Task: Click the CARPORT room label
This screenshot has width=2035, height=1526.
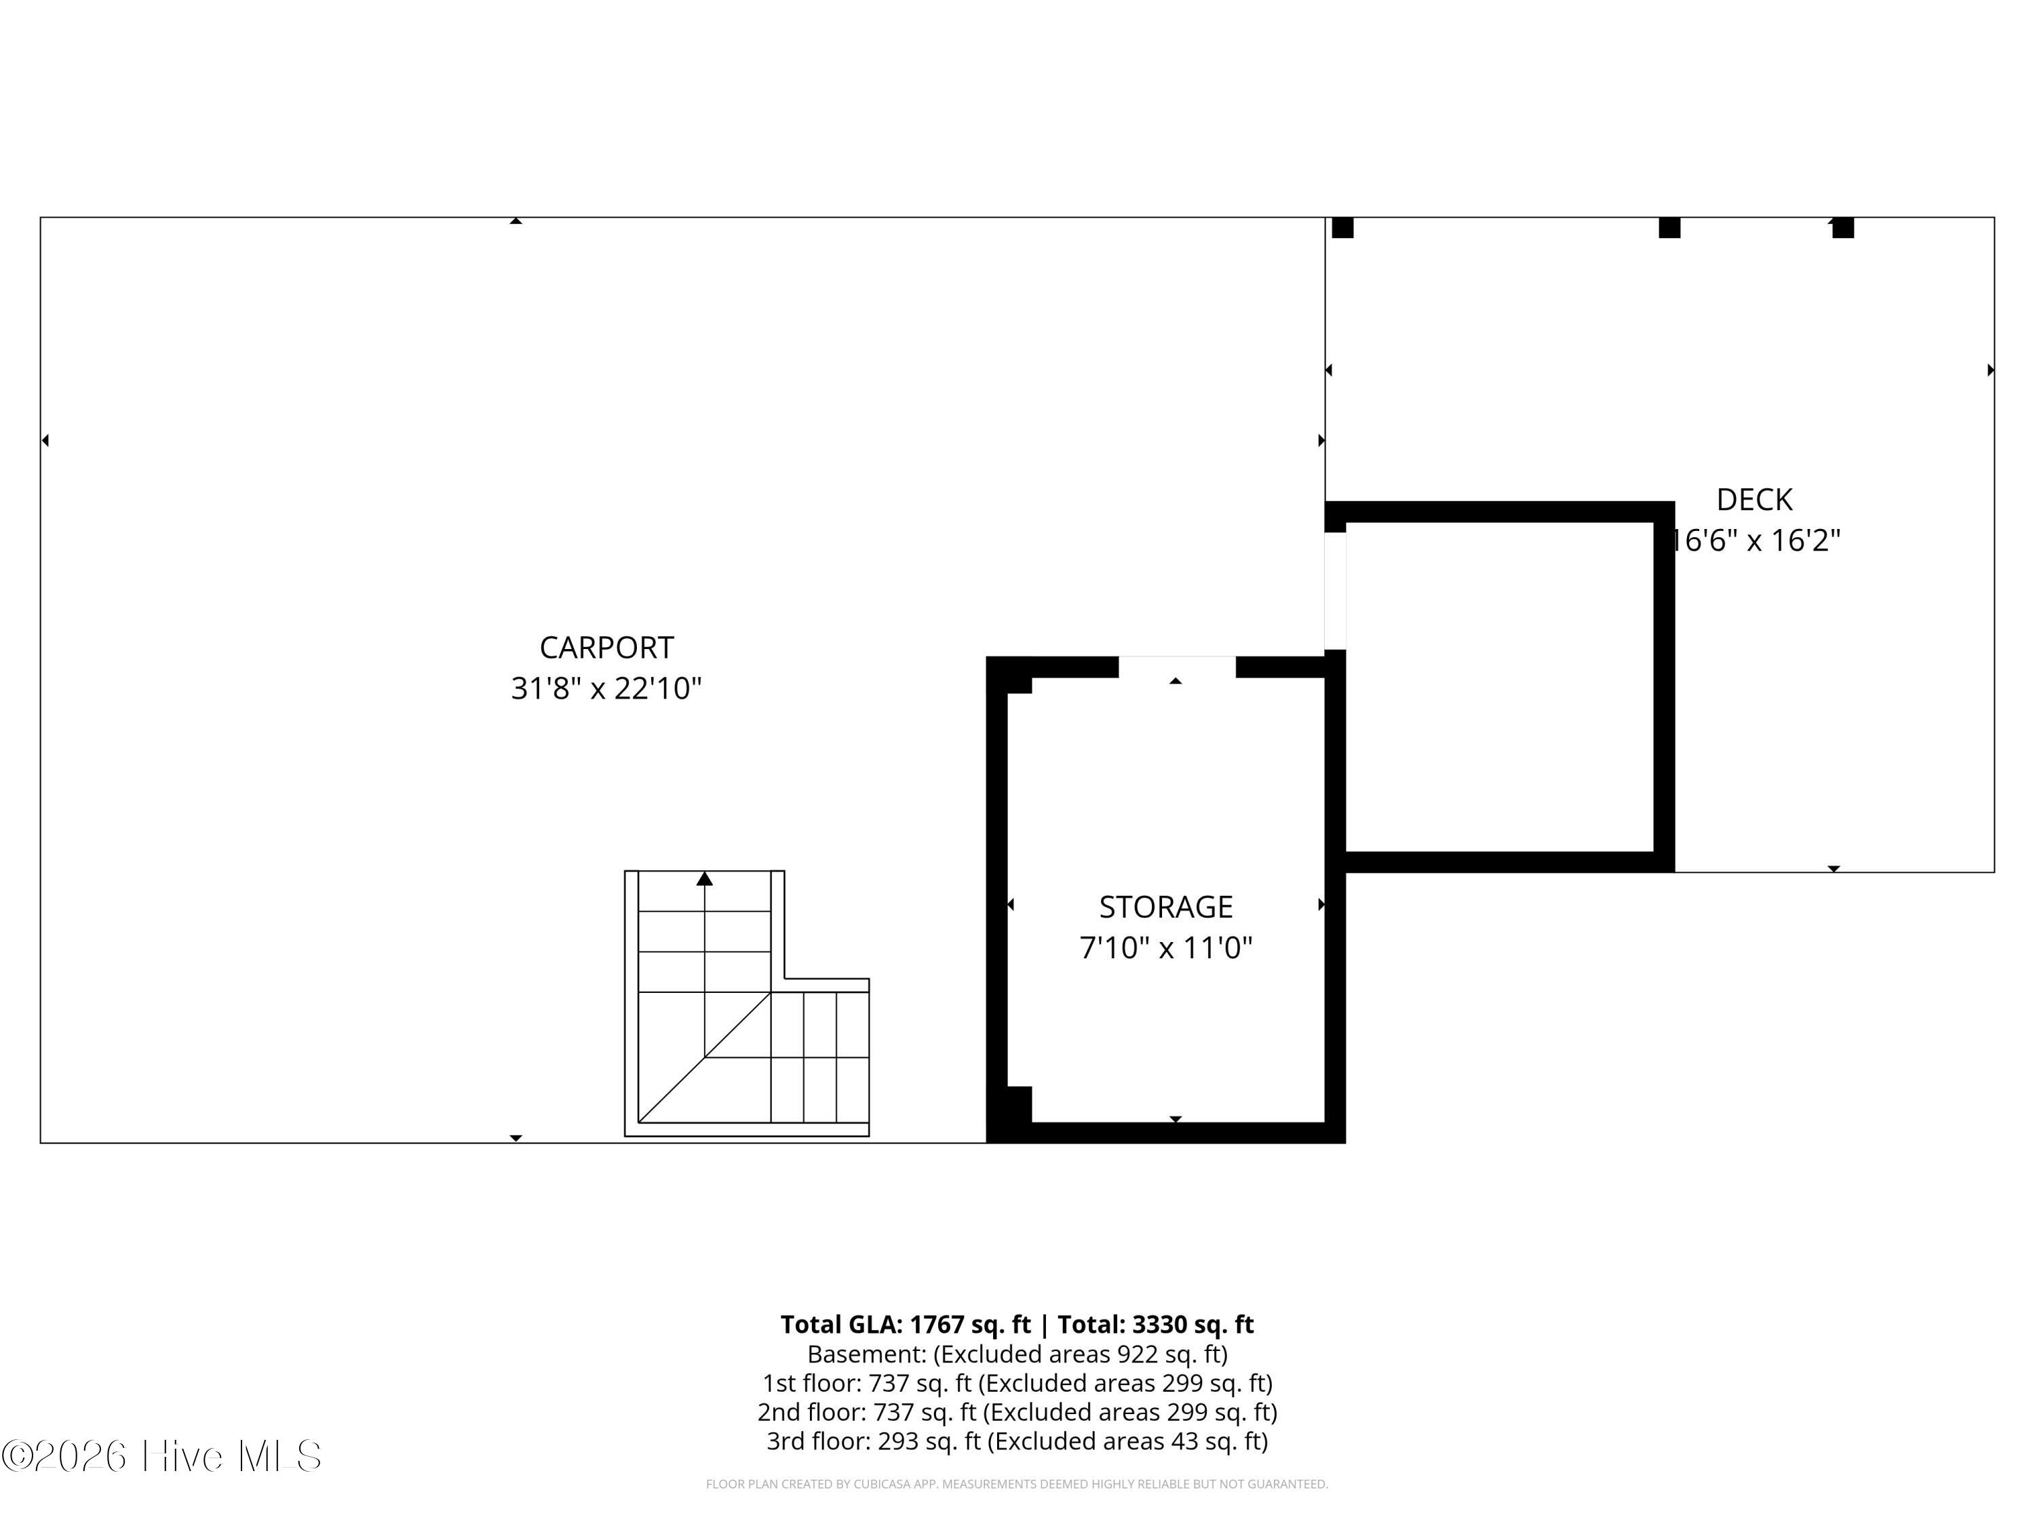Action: pyautogui.click(x=606, y=648)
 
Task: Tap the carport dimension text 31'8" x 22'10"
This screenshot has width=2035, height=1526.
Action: pyautogui.click(x=606, y=688)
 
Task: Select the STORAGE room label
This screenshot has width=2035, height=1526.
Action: pyautogui.click(x=1165, y=907)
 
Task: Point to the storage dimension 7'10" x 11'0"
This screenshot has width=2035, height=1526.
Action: pyautogui.click(x=1165, y=947)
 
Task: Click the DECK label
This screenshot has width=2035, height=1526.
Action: pyautogui.click(x=1754, y=499)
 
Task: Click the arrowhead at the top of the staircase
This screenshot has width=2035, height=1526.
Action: pyautogui.click(x=705, y=878)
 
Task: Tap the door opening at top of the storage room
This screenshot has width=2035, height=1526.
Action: pyautogui.click(x=1177, y=667)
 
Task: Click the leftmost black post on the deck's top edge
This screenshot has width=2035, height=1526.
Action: pyautogui.click(x=1342, y=227)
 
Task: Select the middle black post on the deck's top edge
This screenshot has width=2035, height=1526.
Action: pyautogui.click(x=1670, y=227)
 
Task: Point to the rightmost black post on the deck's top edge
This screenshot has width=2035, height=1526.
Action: pyautogui.click(x=1843, y=227)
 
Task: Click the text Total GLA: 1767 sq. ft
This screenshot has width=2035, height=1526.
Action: pyautogui.click(x=906, y=1325)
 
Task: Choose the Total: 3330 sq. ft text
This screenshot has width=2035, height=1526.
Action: pyautogui.click(x=1155, y=1325)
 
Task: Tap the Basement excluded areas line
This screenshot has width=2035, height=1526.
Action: pyautogui.click(x=1017, y=1354)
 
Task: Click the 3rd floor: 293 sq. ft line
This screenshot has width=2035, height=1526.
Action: pyautogui.click(x=1017, y=1441)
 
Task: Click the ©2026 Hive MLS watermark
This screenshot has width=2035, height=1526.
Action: pyautogui.click(x=162, y=1456)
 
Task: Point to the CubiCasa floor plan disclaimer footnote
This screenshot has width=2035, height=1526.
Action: pyautogui.click(x=1017, y=1484)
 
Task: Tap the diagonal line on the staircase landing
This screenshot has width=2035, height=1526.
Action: pyautogui.click(x=705, y=1058)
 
